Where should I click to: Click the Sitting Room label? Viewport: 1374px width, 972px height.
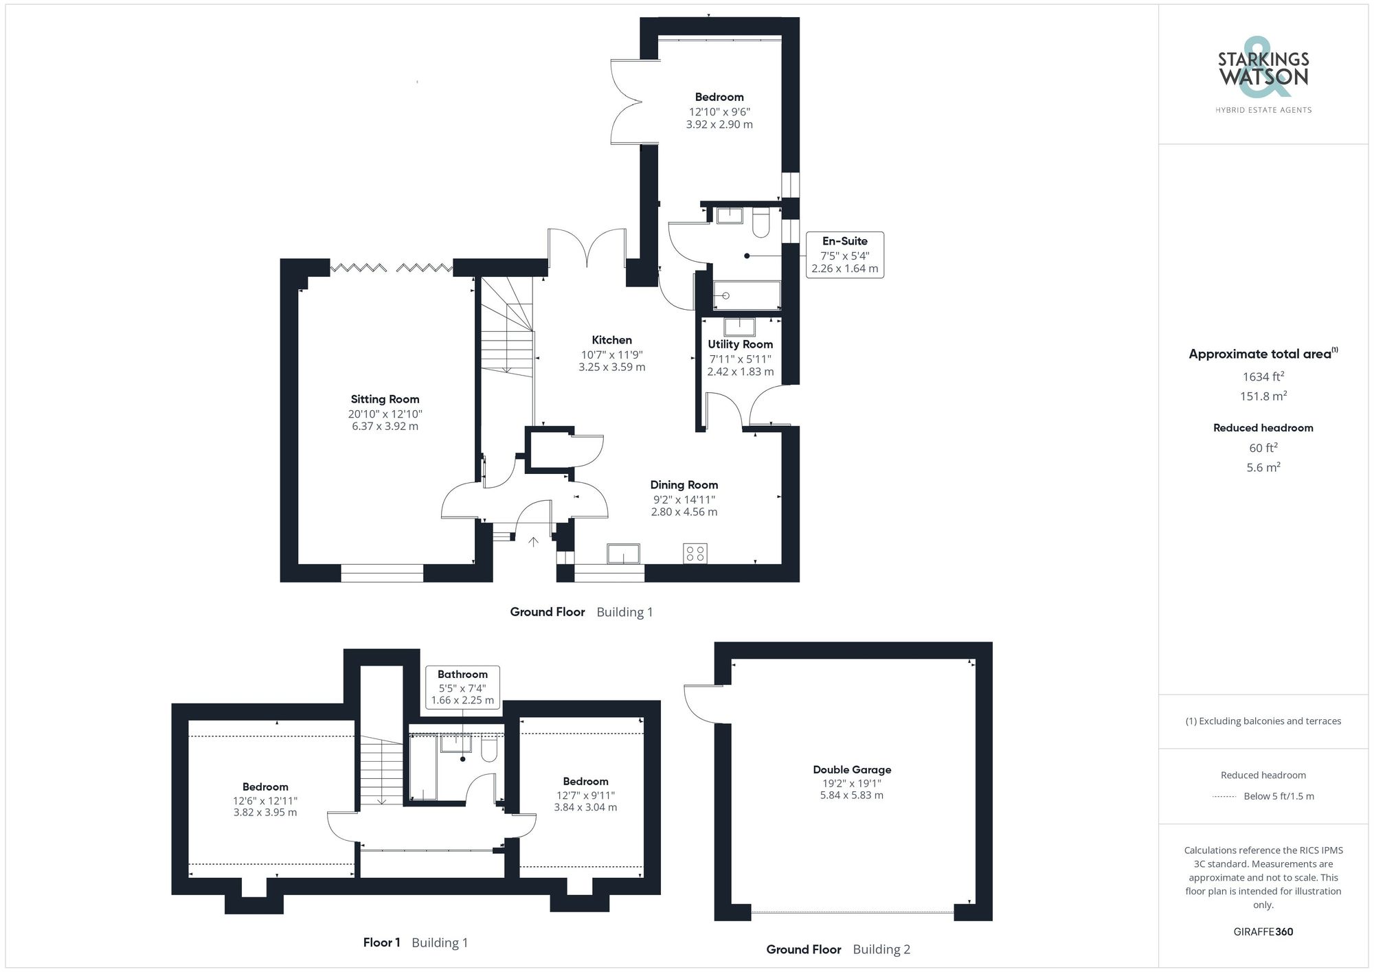pyautogui.click(x=385, y=399)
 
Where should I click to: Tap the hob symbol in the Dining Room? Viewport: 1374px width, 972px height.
pyautogui.click(x=695, y=553)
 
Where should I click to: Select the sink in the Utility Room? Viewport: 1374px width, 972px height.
pyautogui.click(x=739, y=326)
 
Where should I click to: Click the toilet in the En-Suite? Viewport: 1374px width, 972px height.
pyautogui.click(x=761, y=223)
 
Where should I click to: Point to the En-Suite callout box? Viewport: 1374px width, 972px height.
pyautogui.click(x=844, y=255)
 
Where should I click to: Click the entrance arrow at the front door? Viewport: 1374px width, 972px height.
pyautogui.click(x=533, y=542)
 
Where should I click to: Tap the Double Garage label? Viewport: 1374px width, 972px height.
pyautogui.click(x=852, y=770)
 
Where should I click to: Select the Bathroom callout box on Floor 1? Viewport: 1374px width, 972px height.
pyautogui.click(x=462, y=687)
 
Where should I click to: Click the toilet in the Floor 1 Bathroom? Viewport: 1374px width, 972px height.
pyautogui.click(x=489, y=749)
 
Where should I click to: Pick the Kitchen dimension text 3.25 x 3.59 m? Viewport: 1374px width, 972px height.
pyautogui.click(x=611, y=368)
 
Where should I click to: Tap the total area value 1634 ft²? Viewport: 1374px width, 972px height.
pyautogui.click(x=1263, y=376)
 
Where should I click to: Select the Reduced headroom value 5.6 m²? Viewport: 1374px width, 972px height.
pyautogui.click(x=1263, y=467)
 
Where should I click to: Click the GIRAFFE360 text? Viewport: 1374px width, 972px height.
pyautogui.click(x=1263, y=932)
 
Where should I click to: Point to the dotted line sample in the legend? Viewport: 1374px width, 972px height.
pyautogui.click(x=1224, y=797)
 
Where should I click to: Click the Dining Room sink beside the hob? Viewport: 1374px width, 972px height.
pyautogui.click(x=623, y=554)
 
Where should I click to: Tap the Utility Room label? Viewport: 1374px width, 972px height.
pyautogui.click(x=740, y=344)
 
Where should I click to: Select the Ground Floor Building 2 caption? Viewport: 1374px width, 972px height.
pyautogui.click(x=838, y=949)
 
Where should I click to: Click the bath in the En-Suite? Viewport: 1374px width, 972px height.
pyautogui.click(x=747, y=295)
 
